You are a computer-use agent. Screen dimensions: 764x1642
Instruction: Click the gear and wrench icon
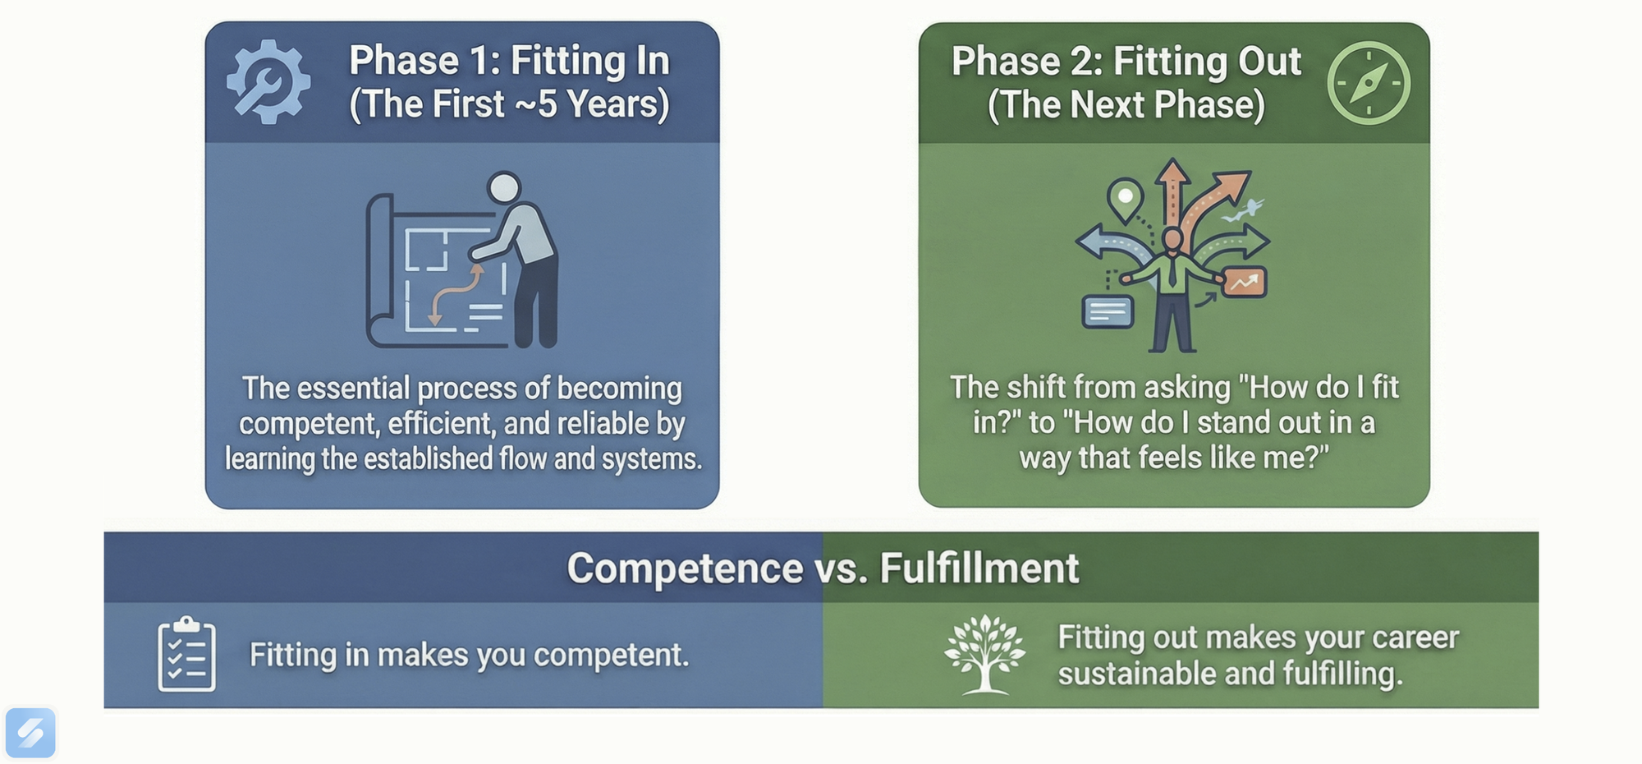[268, 82]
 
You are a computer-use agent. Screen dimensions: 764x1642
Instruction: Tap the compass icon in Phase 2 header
[1369, 83]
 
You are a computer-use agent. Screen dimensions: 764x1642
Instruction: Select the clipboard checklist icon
[186, 655]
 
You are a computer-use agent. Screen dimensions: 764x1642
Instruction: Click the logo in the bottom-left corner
[30, 732]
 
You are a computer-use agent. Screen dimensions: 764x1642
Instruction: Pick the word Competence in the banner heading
[685, 568]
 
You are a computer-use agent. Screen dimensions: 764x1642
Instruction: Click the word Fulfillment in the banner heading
[979, 568]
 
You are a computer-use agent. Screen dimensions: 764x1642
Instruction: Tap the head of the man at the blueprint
[503, 188]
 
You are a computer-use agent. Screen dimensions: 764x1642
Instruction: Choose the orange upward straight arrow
[1172, 193]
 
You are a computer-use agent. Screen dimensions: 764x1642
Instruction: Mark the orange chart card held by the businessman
[1244, 283]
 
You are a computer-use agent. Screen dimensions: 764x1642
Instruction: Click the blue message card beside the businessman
[1108, 311]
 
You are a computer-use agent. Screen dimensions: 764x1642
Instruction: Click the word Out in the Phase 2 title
[1269, 62]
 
